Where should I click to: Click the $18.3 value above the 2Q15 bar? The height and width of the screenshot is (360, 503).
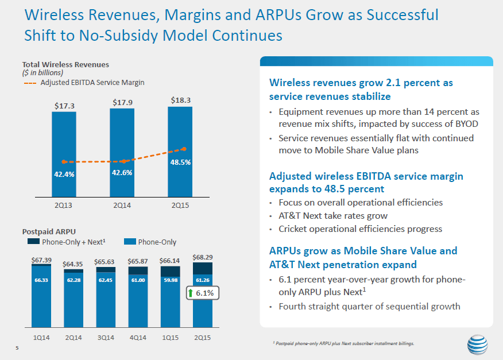click(180, 100)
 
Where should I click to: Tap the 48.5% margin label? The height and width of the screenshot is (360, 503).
click(180, 162)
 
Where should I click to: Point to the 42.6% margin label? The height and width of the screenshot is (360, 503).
click(122, 173)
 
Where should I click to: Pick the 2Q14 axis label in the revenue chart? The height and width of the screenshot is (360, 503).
click(122, 205)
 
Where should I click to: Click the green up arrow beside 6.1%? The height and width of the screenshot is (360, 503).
click(191, 293)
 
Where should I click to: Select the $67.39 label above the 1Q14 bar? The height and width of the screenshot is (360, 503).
click(42, 260)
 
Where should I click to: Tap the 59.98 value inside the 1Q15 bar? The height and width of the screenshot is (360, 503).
click(170, 280)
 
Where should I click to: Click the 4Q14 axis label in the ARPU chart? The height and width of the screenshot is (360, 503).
click(138, 338)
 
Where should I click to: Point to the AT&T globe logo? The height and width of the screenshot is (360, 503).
click(477, 346)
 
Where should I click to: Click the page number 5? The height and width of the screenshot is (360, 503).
click(17, 347)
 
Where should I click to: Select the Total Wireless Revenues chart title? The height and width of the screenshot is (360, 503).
click(65, 64)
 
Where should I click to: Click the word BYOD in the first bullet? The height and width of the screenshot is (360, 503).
click(466, 123)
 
